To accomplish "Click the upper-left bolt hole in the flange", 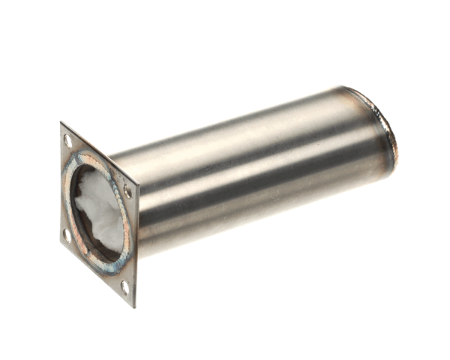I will pyautogui.click(x=68, y=140).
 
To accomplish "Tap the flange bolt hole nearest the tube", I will pyautogui.click(x=127, y=192).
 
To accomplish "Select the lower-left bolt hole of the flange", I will pyautogui.click(x=66, y=234).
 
